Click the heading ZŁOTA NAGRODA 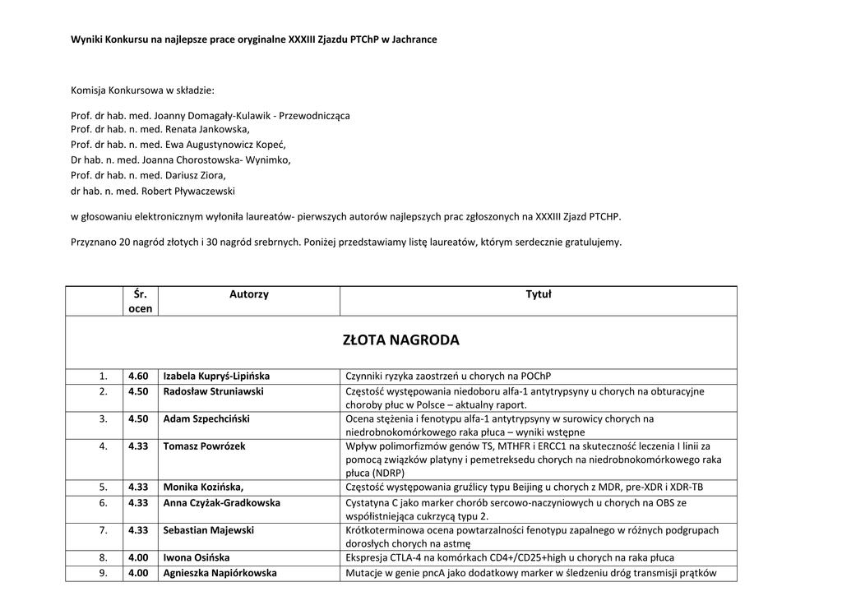coord(400,340)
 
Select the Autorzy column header coord(248,294)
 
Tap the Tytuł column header coord(539,294)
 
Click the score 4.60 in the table coord(138,377)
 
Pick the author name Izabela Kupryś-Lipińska coord(216,377)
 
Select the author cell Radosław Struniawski coord(213,392)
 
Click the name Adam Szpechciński coord(206,419)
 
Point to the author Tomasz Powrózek coord(204,446)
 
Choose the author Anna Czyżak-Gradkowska coord(221,502)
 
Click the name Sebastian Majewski coord(208,530)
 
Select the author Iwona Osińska coord(197,557)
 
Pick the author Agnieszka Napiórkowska coord(220,573)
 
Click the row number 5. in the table coord(104,487)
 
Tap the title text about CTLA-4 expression coord(510,557)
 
